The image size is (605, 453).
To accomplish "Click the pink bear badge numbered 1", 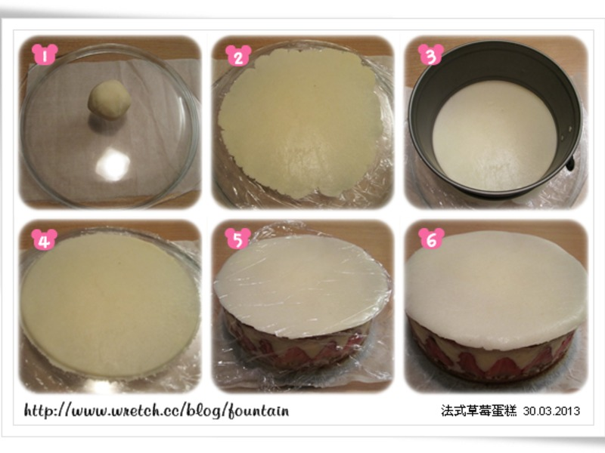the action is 45,54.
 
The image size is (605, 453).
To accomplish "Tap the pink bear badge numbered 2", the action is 238,55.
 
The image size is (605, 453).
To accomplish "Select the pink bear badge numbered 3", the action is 431,54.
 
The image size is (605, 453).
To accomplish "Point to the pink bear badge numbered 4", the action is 45,239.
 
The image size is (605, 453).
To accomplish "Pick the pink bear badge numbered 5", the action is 237,238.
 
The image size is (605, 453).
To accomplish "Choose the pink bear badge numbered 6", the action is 431,238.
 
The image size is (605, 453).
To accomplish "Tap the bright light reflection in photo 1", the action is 113,165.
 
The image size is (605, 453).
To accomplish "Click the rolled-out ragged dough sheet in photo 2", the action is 298,125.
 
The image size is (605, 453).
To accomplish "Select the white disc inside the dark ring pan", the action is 495,136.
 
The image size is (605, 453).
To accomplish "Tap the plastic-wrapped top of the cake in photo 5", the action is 302,286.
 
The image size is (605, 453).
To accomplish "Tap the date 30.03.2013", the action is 551,411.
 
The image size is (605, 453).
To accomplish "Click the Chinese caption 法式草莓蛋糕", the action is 479,411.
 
